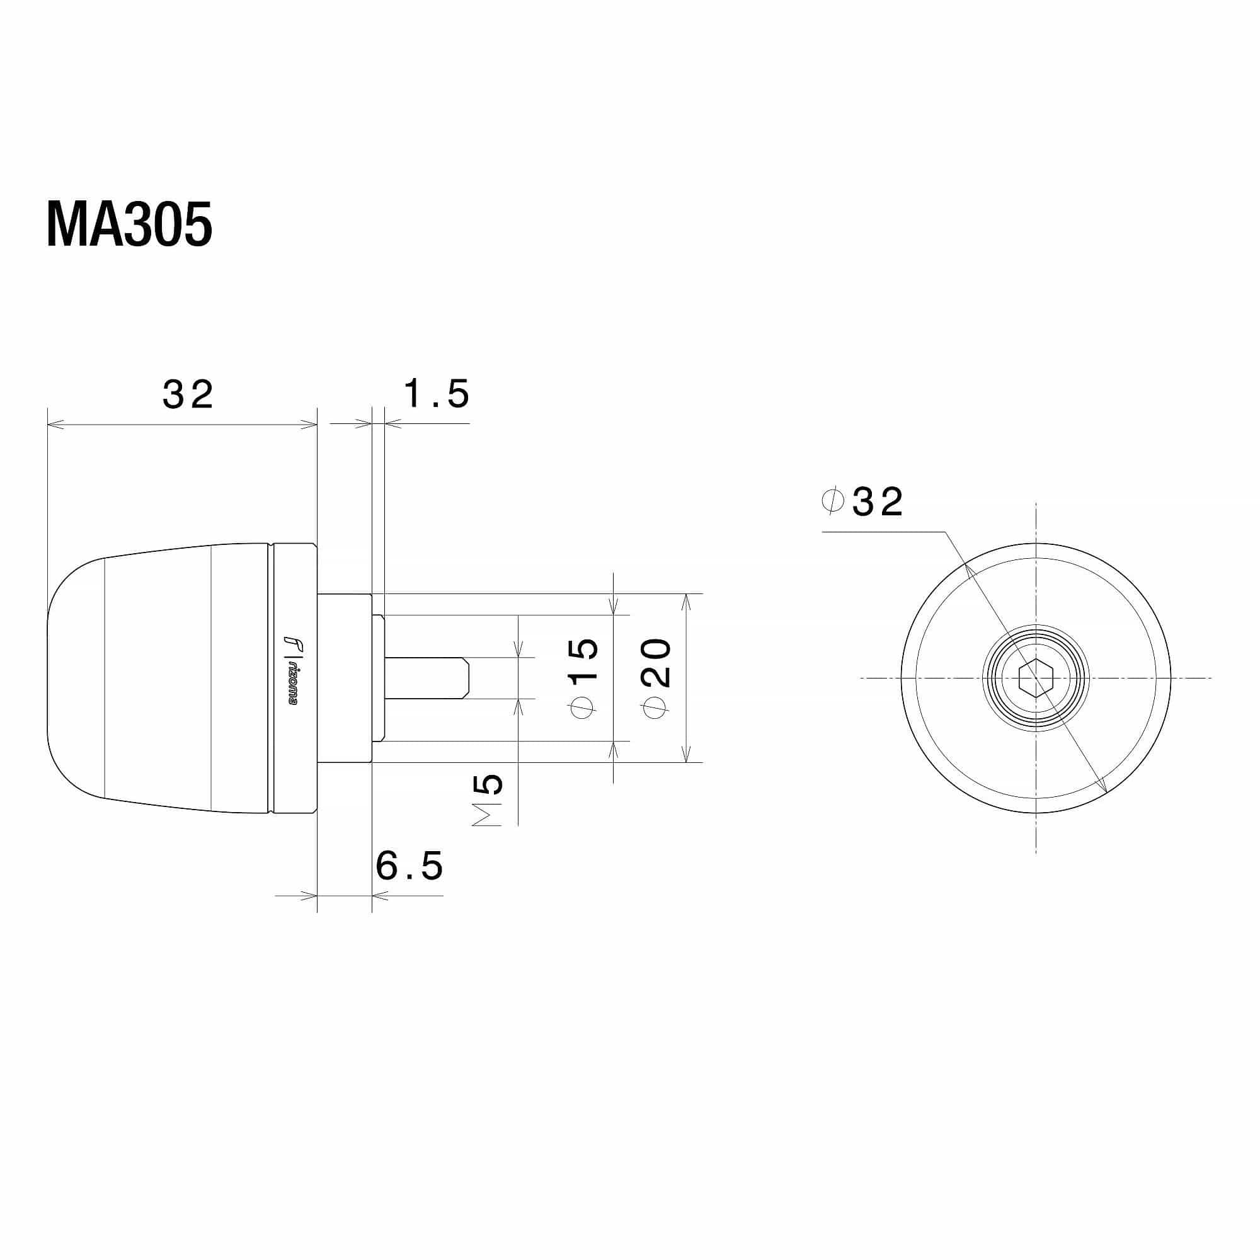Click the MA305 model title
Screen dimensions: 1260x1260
click(x=129, y=225)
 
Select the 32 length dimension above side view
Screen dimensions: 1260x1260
click(x=188, y=395)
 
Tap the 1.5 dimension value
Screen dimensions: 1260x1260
click(x=437, y=394)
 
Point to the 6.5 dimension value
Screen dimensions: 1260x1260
click(x=409, y=866)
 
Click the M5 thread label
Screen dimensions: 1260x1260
click(x=488, y=800)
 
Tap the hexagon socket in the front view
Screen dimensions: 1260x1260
click(x=1036, y=679)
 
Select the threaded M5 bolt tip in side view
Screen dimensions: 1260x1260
click(x=427, y=679)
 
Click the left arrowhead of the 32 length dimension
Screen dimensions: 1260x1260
click(x=54, y=425)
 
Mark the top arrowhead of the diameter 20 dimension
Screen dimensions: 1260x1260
click(x=685, y=599)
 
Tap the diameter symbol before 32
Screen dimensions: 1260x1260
click(x=833, y=501)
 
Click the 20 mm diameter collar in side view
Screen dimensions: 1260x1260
click(x=344, y=679)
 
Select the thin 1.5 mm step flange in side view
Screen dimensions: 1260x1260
click(x=377, y=679)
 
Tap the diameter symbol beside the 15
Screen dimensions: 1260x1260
click(x=582, y=707)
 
